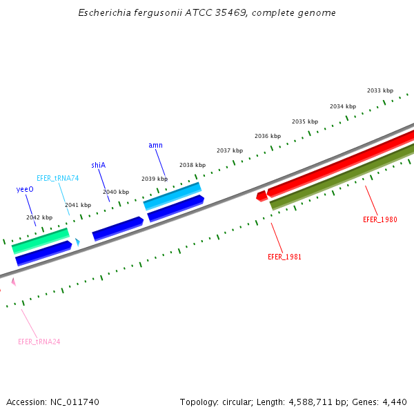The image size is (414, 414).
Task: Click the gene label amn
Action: [155, 145]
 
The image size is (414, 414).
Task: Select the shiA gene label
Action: [98, 165]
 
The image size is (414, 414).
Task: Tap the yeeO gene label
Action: [25, 189]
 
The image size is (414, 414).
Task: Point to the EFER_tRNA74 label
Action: [58, 178]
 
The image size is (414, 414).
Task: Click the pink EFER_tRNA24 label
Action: [39, 342]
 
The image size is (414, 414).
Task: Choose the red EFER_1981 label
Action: [284, 257]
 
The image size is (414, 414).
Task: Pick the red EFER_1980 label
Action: [380, 219]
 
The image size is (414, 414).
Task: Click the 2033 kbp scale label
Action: [380, 90]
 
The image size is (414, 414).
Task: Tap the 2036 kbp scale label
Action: [268, 136]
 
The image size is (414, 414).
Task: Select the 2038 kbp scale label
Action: [193, 165]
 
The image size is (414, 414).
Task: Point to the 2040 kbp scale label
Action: [116, 192]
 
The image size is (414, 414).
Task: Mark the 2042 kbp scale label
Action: [39, 217]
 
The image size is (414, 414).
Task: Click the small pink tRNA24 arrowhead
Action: [13, 282]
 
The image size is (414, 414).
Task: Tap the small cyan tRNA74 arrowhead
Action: [78, 242]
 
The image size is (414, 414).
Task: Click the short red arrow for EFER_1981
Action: [262, 196]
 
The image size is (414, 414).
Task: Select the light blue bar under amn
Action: [172, 196]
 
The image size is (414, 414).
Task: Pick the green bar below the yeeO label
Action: [41, 240]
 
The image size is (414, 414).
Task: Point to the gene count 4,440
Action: [395, 402]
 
